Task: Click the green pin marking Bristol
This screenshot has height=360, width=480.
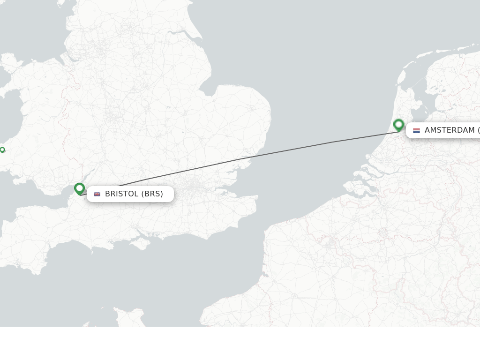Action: pyautogui.click(x=79, y=188)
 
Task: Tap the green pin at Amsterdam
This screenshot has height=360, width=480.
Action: pyautogui.click(x=398, y=125)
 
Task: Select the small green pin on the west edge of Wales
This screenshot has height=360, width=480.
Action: pyautogui.click(x=2, y=150)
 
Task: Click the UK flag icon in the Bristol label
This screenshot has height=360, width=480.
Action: pyautogui.click(x=97, y=194)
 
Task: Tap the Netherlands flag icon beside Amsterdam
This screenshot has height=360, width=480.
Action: pyautogui.click(x=416, y=130)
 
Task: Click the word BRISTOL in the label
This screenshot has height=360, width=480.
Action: pyautogui.click(x=122, y=194)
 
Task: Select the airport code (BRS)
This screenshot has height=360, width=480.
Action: pyautogui.click(x=152, y=194)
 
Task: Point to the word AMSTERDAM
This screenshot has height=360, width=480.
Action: pyautogui.click(x=450, y=130)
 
